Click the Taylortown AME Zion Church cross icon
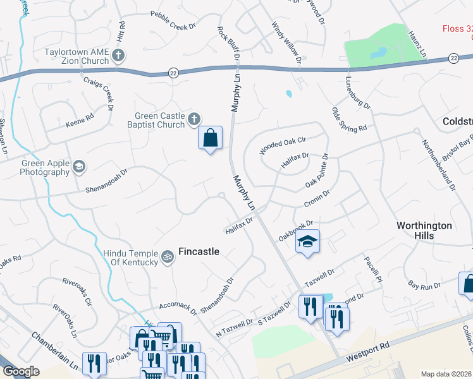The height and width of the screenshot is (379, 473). pyautogui.click(x=118, y=56)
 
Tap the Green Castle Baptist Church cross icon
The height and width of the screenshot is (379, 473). pyautogui.click(x=194, y=119)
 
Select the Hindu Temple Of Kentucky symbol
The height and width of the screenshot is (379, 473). pyautogui.click(x=168, y=256)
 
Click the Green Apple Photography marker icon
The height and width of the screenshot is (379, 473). pyautogui.click(x=79, y=167)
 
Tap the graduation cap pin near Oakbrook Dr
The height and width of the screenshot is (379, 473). pyautogui.click(x=307, y=242)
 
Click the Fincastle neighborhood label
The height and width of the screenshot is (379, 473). pyautogui.click(x=199, y=251)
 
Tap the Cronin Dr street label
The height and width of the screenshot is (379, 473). pyautogui.click(x=317, y=199)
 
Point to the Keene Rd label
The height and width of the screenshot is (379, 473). pyautogui.click(x=80, y=117)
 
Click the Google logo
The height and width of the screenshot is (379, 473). pyautogui.click(x=21, y=371)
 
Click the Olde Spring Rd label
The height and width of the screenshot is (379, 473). pyautogui.click(x=349, y=119)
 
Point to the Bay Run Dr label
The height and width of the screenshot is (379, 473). pyautogui.click(x=424, y=286)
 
